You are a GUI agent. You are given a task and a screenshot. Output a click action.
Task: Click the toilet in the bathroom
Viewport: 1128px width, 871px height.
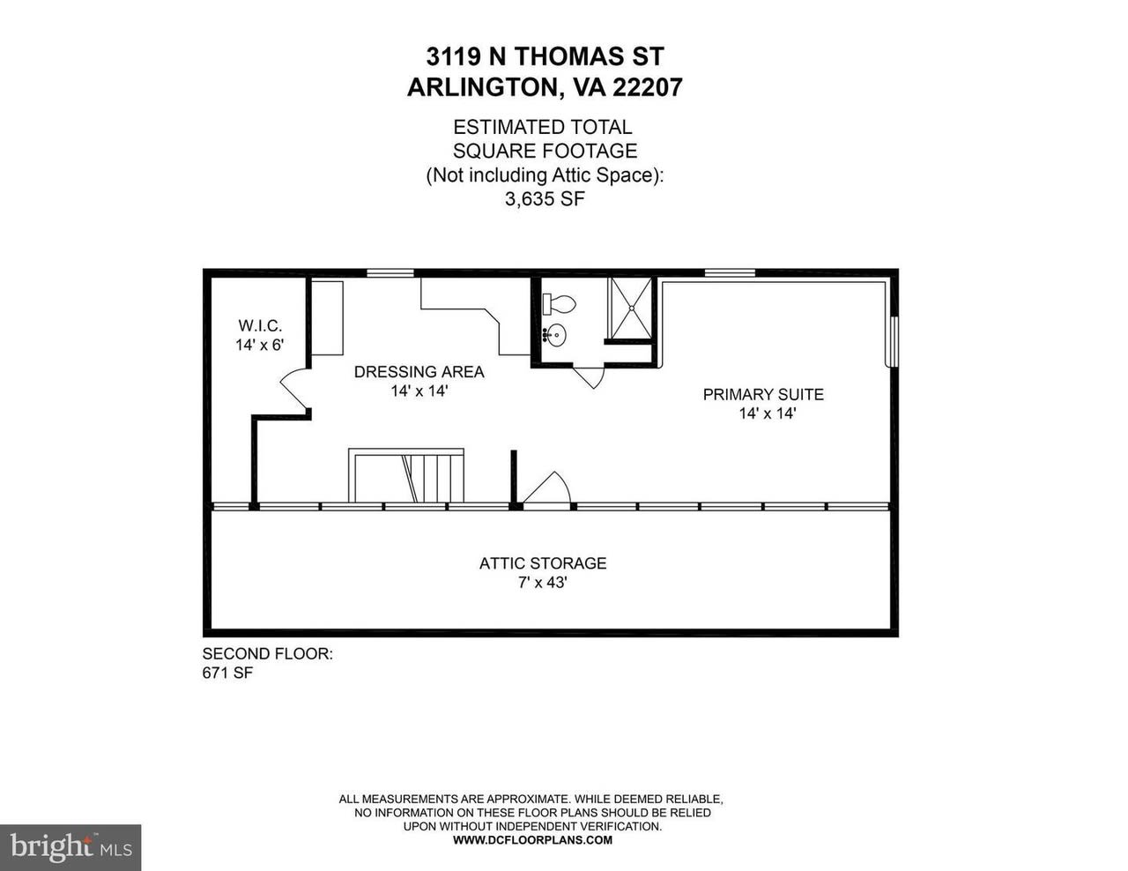click(559, 303)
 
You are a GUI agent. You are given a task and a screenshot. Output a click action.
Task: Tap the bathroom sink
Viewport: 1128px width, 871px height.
click(554, 336)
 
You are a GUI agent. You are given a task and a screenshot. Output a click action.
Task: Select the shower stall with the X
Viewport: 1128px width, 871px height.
click(631, 309)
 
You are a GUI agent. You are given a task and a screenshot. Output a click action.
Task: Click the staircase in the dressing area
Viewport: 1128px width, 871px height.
click(406, 475)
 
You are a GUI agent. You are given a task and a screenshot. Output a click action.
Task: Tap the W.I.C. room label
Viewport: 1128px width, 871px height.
click(260, 326)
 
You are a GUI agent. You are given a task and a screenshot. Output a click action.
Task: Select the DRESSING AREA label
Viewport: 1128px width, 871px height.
click(419, 372)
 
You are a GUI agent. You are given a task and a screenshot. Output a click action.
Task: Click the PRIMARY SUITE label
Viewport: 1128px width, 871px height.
click(763, 394)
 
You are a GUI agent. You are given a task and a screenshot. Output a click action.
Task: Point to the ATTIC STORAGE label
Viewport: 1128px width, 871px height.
click(543, 563)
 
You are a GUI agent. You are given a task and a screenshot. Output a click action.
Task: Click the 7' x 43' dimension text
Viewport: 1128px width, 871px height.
click(543, 583)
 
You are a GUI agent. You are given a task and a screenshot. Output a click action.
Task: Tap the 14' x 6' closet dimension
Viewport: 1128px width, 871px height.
click(260, 345)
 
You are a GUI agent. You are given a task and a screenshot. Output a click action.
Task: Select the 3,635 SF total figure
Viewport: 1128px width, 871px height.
click(545, 199)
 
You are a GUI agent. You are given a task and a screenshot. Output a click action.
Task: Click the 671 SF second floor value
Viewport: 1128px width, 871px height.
click(227, 673)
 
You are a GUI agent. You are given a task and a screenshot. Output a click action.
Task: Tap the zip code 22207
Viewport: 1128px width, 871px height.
click(648, 87)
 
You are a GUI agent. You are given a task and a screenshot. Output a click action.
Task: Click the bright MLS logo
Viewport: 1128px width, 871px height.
click(70, 848)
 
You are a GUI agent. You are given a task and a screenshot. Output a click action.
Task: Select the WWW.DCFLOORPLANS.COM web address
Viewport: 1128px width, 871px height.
click(532, 840)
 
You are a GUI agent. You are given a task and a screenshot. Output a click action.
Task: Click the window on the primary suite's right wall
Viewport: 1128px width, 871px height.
click(894, 341)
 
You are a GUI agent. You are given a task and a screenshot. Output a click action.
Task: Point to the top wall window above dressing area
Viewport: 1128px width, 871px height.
click(390, 273)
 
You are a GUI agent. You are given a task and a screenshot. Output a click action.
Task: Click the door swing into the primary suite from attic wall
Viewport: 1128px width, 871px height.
click(546, 487)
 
